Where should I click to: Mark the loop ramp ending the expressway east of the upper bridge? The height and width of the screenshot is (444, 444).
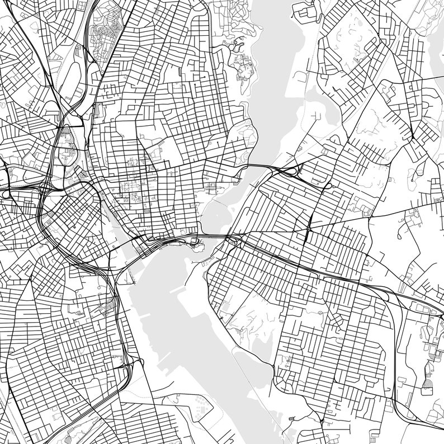(x=328, y=185)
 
